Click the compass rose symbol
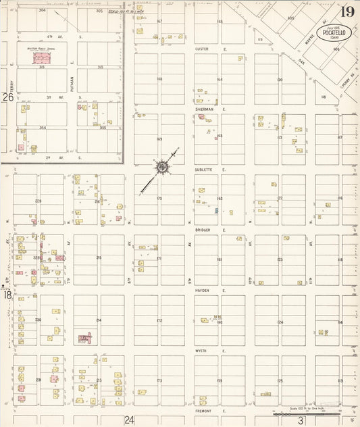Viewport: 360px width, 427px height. [x=163, y=166]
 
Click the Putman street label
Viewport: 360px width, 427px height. [x=71, y=82]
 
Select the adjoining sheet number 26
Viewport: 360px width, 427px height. [x=8, y=97]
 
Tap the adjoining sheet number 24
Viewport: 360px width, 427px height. [x=129, y=420]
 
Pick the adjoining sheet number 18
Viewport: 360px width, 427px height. [x=7, y=295]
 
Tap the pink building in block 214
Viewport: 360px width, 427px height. [x=85, y=337]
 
